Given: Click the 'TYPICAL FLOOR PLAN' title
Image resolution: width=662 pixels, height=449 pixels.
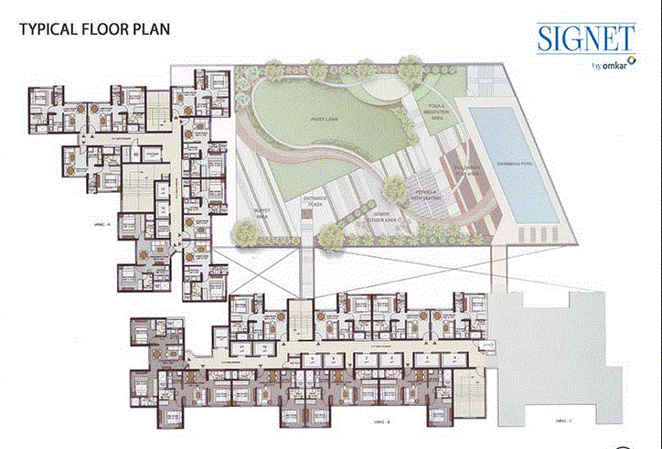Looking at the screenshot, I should [x=93, y=28].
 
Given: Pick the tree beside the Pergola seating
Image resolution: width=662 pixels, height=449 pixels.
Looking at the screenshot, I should [x=395, y=190].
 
